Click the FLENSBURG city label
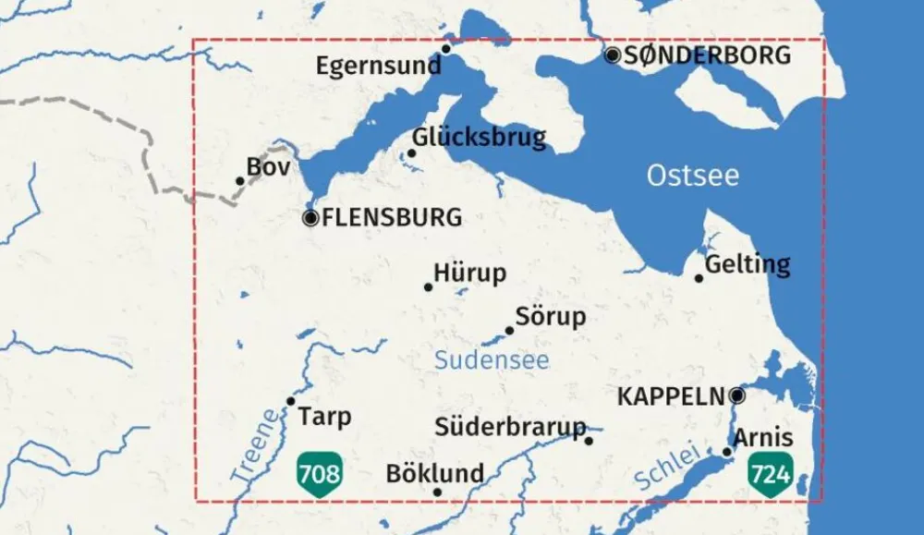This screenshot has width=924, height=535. point(392,219)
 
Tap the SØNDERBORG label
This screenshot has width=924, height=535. point(708,55)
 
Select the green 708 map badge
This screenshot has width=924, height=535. point(319,475)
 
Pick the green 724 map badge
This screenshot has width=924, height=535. point(771,475)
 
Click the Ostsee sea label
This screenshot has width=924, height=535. point(693,176)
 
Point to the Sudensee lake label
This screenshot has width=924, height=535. point(492,360)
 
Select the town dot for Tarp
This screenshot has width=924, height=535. point(290,401)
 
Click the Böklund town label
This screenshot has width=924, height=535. point(434,474)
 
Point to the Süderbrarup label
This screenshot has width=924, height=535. point(511,427)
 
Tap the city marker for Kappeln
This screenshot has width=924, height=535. point(737,395)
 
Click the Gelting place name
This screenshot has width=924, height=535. point(748,265)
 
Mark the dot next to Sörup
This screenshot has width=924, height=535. point(509,331)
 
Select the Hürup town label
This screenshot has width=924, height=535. point(470,274)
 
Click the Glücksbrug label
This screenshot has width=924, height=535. point(480,138)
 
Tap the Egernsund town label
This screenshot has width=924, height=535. point(378,67)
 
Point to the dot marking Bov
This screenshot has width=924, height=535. point(240,181)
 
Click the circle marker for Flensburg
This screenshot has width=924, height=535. point(310,219)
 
